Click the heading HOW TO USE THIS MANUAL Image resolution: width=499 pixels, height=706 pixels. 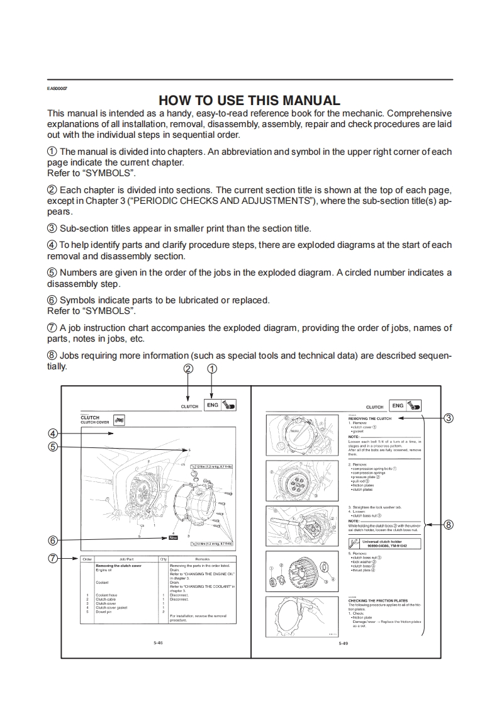point(249,100)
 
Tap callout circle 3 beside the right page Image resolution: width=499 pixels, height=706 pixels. point(448,418)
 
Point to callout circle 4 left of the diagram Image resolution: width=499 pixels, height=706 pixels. point(53,433)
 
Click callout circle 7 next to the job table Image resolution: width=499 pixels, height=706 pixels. point(53,558)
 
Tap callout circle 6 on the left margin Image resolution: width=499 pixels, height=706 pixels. point(53,539)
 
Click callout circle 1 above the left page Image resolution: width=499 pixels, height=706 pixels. point(212,369)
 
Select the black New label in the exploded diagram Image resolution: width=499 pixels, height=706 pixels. point(174,538)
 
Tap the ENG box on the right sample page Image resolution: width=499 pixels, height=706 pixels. point(398,406)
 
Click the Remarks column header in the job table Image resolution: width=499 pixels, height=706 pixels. point(202,559)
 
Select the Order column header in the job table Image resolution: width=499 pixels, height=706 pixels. point(87,559)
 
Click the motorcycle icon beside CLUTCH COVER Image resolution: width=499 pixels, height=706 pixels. point(120,420)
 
